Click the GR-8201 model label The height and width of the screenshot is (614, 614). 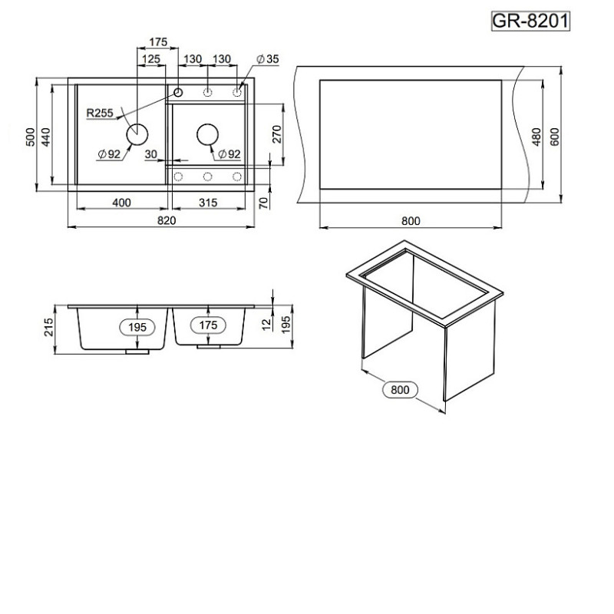point(530,21)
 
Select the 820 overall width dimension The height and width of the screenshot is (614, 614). point(167,220)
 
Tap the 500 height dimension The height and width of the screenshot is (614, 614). point(30,137)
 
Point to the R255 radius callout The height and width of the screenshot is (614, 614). point(100,113)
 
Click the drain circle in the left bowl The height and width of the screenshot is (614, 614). point(137,134)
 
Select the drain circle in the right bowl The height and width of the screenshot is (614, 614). point(207,134)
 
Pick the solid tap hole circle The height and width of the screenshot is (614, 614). point(178,92)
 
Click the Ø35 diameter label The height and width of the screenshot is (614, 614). point(268,59)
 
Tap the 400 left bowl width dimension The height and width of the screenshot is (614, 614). point(122,203)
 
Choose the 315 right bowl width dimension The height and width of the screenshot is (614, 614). point(208,203)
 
